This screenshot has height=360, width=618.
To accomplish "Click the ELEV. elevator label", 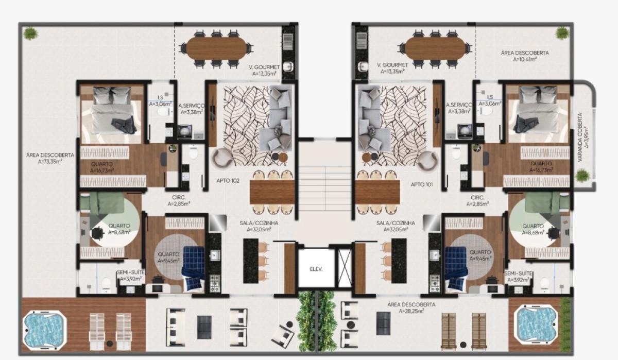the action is [316, 269].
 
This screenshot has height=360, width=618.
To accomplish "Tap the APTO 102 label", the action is [228, 181].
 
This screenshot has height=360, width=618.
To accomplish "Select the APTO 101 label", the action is [422, 184].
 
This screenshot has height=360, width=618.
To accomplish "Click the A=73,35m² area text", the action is [49, 162].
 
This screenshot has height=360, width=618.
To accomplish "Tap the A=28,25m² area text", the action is [411, 311].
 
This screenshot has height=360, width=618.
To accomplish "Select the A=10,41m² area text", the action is [525, 59].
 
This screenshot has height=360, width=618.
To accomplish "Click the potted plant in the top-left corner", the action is [30, 33].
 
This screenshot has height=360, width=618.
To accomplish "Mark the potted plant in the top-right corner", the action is [562, 33].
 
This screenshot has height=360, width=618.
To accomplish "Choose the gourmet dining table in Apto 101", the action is [435, 48].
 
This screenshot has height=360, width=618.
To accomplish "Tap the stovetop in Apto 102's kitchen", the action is [215, 284].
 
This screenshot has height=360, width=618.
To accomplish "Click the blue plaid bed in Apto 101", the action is [455, 268].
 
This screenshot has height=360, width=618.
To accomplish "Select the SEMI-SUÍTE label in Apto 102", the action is [131, 272].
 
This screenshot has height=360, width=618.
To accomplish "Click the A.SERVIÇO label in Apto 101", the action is [459, 105].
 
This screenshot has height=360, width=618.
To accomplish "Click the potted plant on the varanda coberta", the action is [582, 175].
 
